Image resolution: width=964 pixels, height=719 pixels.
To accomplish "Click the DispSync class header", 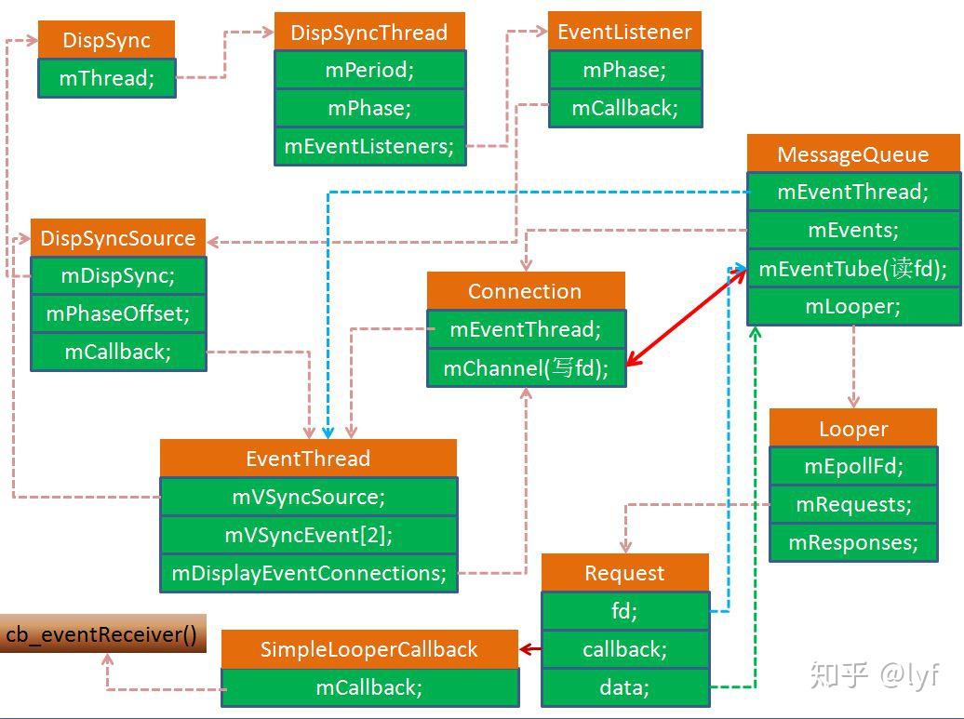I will coord(106,40).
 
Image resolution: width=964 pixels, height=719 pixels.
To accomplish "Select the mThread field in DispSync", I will coord(106,78).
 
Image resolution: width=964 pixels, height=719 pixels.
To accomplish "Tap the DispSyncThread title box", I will coord(369,33).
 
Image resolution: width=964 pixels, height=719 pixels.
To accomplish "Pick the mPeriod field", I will coord(369,70).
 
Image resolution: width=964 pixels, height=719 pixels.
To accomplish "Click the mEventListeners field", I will coord(369,146).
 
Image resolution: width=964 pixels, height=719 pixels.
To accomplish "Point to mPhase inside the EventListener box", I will coord(624,70).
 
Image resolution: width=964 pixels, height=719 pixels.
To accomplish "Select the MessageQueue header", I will coord(853,153).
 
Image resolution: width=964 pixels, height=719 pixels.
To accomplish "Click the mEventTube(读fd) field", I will coord(853,269).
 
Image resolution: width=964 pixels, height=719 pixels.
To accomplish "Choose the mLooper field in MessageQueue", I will coord(853,307).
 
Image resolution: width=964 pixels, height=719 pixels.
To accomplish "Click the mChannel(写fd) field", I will coord(526,368).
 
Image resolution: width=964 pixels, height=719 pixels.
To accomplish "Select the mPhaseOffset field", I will coord(118,314).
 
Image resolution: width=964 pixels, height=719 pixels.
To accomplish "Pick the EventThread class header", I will coord(308,459).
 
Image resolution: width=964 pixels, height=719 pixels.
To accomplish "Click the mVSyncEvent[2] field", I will coord(308,535).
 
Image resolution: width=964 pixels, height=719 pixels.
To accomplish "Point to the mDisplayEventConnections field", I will coord(308,573).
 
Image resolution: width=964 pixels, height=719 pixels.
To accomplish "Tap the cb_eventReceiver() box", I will coord(102,634).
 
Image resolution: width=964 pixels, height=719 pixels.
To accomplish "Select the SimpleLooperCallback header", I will coord(369,649).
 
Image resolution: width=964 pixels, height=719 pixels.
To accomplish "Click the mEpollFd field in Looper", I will coord(853,466).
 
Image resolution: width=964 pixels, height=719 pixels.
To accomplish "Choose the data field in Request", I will coord(624,687).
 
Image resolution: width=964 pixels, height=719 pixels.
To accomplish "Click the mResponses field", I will coord(853,543).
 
